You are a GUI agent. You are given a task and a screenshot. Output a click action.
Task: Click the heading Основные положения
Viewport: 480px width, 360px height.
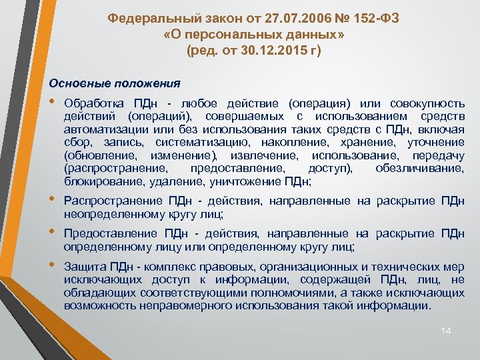point(115,83)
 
